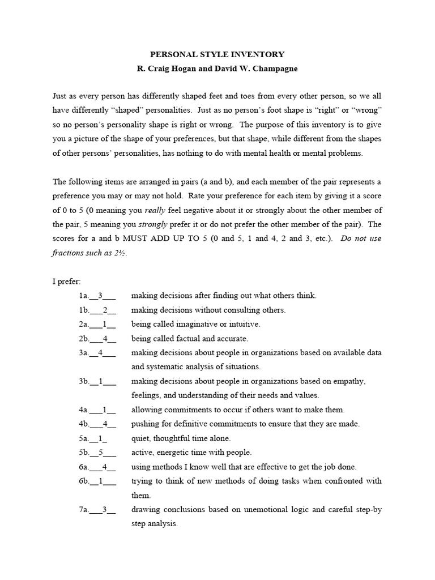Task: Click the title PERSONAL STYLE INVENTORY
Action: point(217,55)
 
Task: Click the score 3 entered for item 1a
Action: point(101,296)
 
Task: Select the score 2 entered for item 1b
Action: point(105,310)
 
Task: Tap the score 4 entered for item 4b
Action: point(105,424)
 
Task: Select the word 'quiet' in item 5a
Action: point(140,438)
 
